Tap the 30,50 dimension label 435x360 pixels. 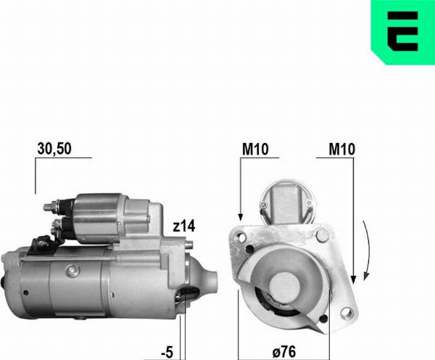click(x=54, y=149)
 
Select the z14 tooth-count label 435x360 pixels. click(x=185, y=226)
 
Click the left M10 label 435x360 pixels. click(x=254, y=150)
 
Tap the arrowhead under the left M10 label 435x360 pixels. click(x=239, y=216)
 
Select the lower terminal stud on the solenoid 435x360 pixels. click(x=54, y=226)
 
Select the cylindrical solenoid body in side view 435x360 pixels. click(x=109, y=217)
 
